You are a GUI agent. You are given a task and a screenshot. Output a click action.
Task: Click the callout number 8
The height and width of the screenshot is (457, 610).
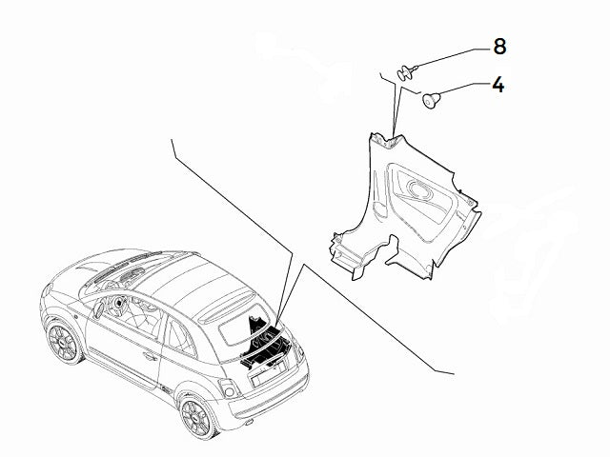pos(499,46)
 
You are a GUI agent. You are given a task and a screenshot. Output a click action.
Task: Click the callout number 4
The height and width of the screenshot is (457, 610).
pos(498,84)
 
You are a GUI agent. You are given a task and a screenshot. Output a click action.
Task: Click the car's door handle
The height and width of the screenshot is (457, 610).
pos(150,357)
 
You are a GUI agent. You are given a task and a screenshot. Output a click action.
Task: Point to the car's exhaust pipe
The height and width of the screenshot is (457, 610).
pos(250,416)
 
